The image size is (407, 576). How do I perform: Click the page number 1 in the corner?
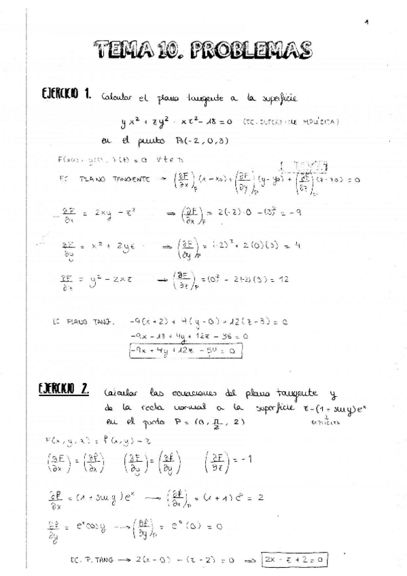366,22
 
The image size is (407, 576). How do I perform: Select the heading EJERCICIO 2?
65,389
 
